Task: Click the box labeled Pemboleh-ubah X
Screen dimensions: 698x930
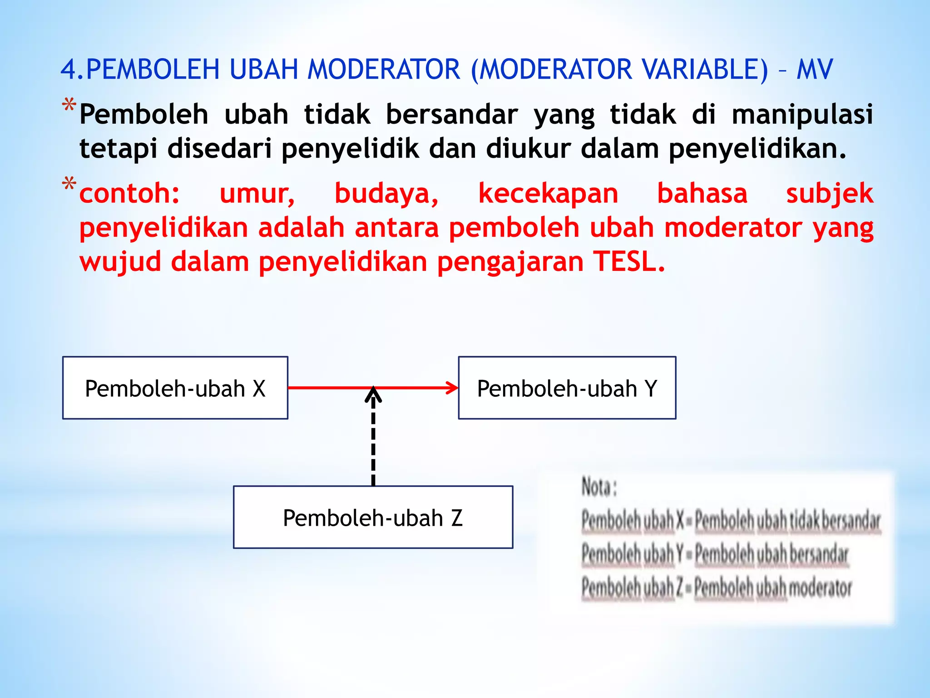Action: point(175,388)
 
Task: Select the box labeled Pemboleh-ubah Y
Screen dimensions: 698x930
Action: point(567,388)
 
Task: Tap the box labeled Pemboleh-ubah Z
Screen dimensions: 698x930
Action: point(373,517)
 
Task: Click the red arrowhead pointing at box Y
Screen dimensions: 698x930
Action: point(452,388)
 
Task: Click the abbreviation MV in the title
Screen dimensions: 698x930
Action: point(815,70)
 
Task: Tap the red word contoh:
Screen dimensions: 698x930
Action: point(130,193)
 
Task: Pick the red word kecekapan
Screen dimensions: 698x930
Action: point(548,193)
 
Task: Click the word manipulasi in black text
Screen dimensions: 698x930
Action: point(802,114)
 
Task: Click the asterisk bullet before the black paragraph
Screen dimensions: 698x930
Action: point(69,105)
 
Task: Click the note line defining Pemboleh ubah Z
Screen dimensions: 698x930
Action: point(717,588)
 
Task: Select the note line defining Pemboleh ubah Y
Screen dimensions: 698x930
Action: point(715,554)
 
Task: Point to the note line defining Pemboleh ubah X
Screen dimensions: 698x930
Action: point(731,520)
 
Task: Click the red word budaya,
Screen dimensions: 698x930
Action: point(386,193)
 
